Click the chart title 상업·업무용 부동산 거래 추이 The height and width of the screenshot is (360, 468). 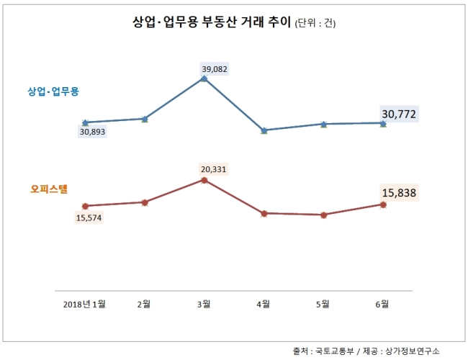tap(212, 22)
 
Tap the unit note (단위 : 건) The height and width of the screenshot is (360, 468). tap(315, 23)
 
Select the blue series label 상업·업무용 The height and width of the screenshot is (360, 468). tap(53, 91)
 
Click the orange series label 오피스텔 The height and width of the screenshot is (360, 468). tap(49, 189)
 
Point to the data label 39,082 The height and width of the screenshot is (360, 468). tap(215, 69)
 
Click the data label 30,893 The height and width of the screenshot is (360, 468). tap(93, 132)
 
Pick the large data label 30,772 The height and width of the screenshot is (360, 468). tap(399, 114)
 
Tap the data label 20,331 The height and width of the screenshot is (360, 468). tap(213, 169)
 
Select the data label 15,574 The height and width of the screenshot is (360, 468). tap(89, 218)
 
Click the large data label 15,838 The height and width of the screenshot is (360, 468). tap(399, 193)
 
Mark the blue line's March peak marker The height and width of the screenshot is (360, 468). tap(204, 78)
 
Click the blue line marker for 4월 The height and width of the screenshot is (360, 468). tap(264, 130)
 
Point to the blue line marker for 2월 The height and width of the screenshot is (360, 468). tap(145, 119)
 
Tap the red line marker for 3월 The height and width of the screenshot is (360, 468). tap(204, 180)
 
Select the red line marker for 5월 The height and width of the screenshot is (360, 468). tap(323, 215)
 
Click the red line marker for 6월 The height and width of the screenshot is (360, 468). tap(383, 204)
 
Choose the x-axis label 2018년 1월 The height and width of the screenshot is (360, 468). tap(84, 304)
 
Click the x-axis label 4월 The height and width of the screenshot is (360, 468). tap(264, 304)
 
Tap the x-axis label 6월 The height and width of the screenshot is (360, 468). tap(382, 304)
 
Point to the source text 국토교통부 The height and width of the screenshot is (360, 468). tap(335, 351)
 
